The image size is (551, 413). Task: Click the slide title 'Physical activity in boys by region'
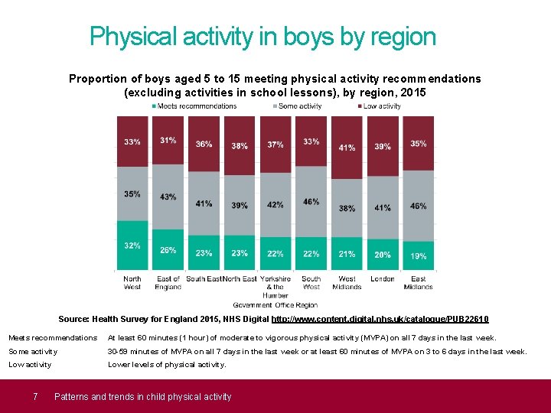(x=262, y=37)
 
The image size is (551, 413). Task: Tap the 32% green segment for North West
(x=132, y=246)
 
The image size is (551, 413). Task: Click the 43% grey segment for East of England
(x=168, y=197)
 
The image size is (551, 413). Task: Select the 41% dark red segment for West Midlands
(x=347, y=147)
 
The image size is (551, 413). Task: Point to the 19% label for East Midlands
(x=419, y=256)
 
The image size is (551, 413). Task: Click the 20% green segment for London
(x=383, y=255)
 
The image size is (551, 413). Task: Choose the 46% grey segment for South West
(x=311, y=202)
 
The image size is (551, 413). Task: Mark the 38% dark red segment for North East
(x=240, y=145)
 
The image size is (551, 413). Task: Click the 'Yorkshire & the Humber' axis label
(x=275, y=287)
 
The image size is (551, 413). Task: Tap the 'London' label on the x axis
(x=383, y=279)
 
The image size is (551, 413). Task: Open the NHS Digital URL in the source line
(x=380, y=319)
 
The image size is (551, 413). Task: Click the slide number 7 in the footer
(x=35, y=396)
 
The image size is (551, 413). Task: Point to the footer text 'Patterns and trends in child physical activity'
(x=142, y=396)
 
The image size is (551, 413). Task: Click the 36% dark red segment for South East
(x=204, y=144)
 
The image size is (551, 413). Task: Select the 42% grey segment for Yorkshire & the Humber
(x=275, y=204)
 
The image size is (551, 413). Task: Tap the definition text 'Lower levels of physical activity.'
(x=167, y=365)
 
